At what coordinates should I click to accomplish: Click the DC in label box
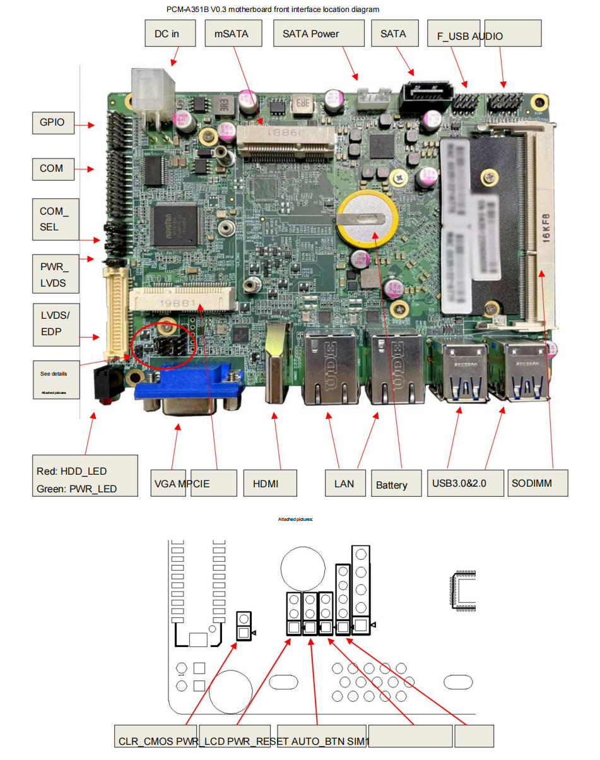(x=167, y=33)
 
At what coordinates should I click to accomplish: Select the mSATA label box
(x=232, y=33)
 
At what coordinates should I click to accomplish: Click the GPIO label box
(x=52, y=122)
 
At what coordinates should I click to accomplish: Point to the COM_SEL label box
(x=56, y=219)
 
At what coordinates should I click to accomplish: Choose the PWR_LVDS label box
(x=56, y=274)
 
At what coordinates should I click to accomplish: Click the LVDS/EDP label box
(x=56, y=323)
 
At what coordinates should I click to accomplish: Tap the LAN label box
(x=344, y=484)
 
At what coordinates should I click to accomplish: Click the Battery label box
(x=396, y=484)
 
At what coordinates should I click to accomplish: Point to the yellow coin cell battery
(x=367, y=220)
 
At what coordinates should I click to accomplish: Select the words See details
(x=54, y=374)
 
